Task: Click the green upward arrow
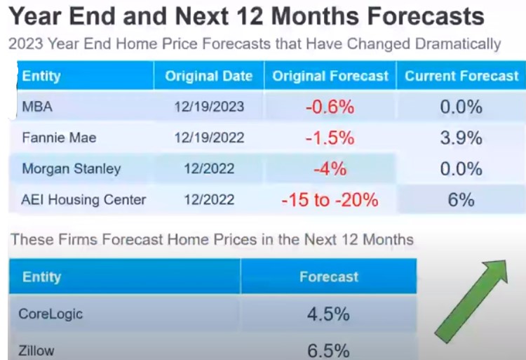(x=471, y=301)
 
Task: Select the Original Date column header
(x=209, y=76)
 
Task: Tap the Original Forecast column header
(x=330, y=76)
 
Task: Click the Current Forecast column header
(x=461, y=76)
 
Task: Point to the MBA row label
(x=37, y=107)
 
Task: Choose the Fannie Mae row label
(x=59, y=138)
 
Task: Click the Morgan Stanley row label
(x=71, y=168)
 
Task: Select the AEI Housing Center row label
(x=83, y=199)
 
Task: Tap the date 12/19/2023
(x=209, y=107)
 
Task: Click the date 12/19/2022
(x=209, y=138)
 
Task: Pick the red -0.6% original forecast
(x=330, y=107)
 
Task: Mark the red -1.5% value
(x=330, y=138)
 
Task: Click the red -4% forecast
(x=330, y=168)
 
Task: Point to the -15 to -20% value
(x=330, y=200)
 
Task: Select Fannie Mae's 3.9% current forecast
(x=461, y=138)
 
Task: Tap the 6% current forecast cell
(x=461, y=200)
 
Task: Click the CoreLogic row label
(x=50, y=314)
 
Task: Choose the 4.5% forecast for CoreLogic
(x=328, y=314)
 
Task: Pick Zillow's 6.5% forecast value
(x=328, y=352)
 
